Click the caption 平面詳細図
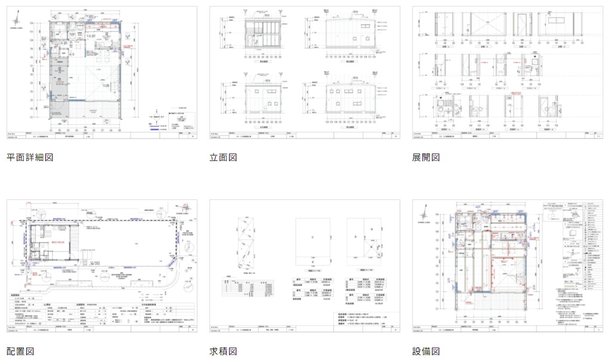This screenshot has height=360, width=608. [x=30, y=158]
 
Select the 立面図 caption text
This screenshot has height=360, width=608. [x=223, y=158]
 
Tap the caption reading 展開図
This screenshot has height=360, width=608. [x=426, y=158]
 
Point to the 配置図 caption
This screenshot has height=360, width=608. [x=20, y=351]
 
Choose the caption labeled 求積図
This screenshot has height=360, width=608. [x=223, y=351]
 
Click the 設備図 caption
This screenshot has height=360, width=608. [x=426, y=351]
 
